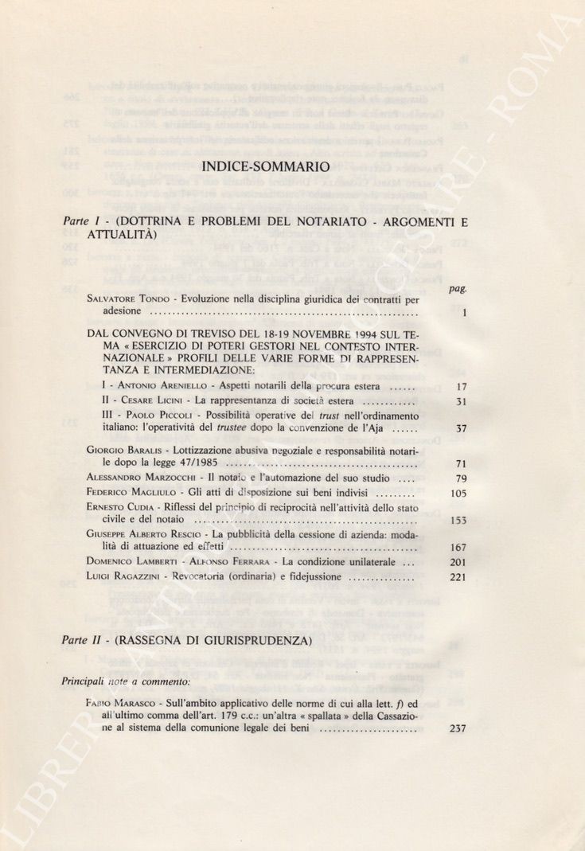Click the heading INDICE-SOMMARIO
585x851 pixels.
pos(267,167)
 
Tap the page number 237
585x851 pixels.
pos(458,728)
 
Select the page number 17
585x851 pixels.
pos(461,387)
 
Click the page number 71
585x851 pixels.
pos(461,464)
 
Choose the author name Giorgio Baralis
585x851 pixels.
pos(119,450)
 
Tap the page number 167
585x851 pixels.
pos(458,548)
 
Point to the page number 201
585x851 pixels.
pos(458,562)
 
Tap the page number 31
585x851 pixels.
pos(461,402)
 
